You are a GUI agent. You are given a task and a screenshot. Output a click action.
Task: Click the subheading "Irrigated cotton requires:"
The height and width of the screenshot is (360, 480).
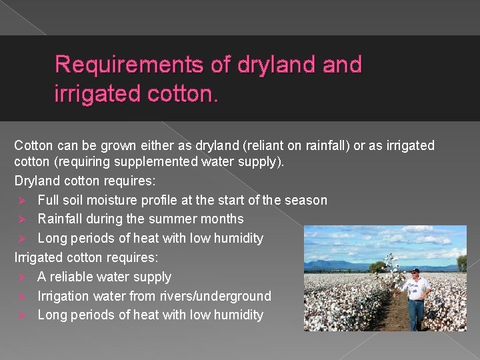pyautogui.click(x=83, y=257)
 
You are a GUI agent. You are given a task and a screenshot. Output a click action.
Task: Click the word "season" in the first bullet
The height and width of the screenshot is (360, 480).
pyautogui.click(x=305, y=200)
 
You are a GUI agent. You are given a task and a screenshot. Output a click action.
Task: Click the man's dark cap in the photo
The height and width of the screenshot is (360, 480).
pyautogui.click(x=416, y=271)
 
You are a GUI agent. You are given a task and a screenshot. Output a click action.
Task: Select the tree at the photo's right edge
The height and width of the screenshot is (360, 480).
pyautogui.click(x=461, y=263)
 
